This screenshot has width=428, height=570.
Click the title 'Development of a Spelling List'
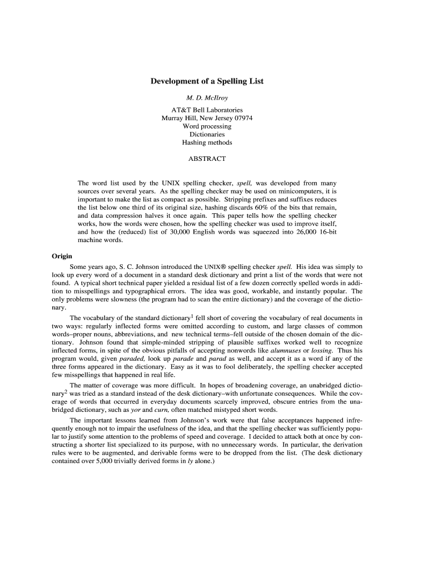click(207, 81)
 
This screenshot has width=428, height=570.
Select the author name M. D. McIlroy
click(207, 98)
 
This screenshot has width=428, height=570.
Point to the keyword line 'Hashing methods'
click(207, 142)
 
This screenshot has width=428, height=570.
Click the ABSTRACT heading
click(207, 159)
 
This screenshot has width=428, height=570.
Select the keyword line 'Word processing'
click(207, 126)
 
